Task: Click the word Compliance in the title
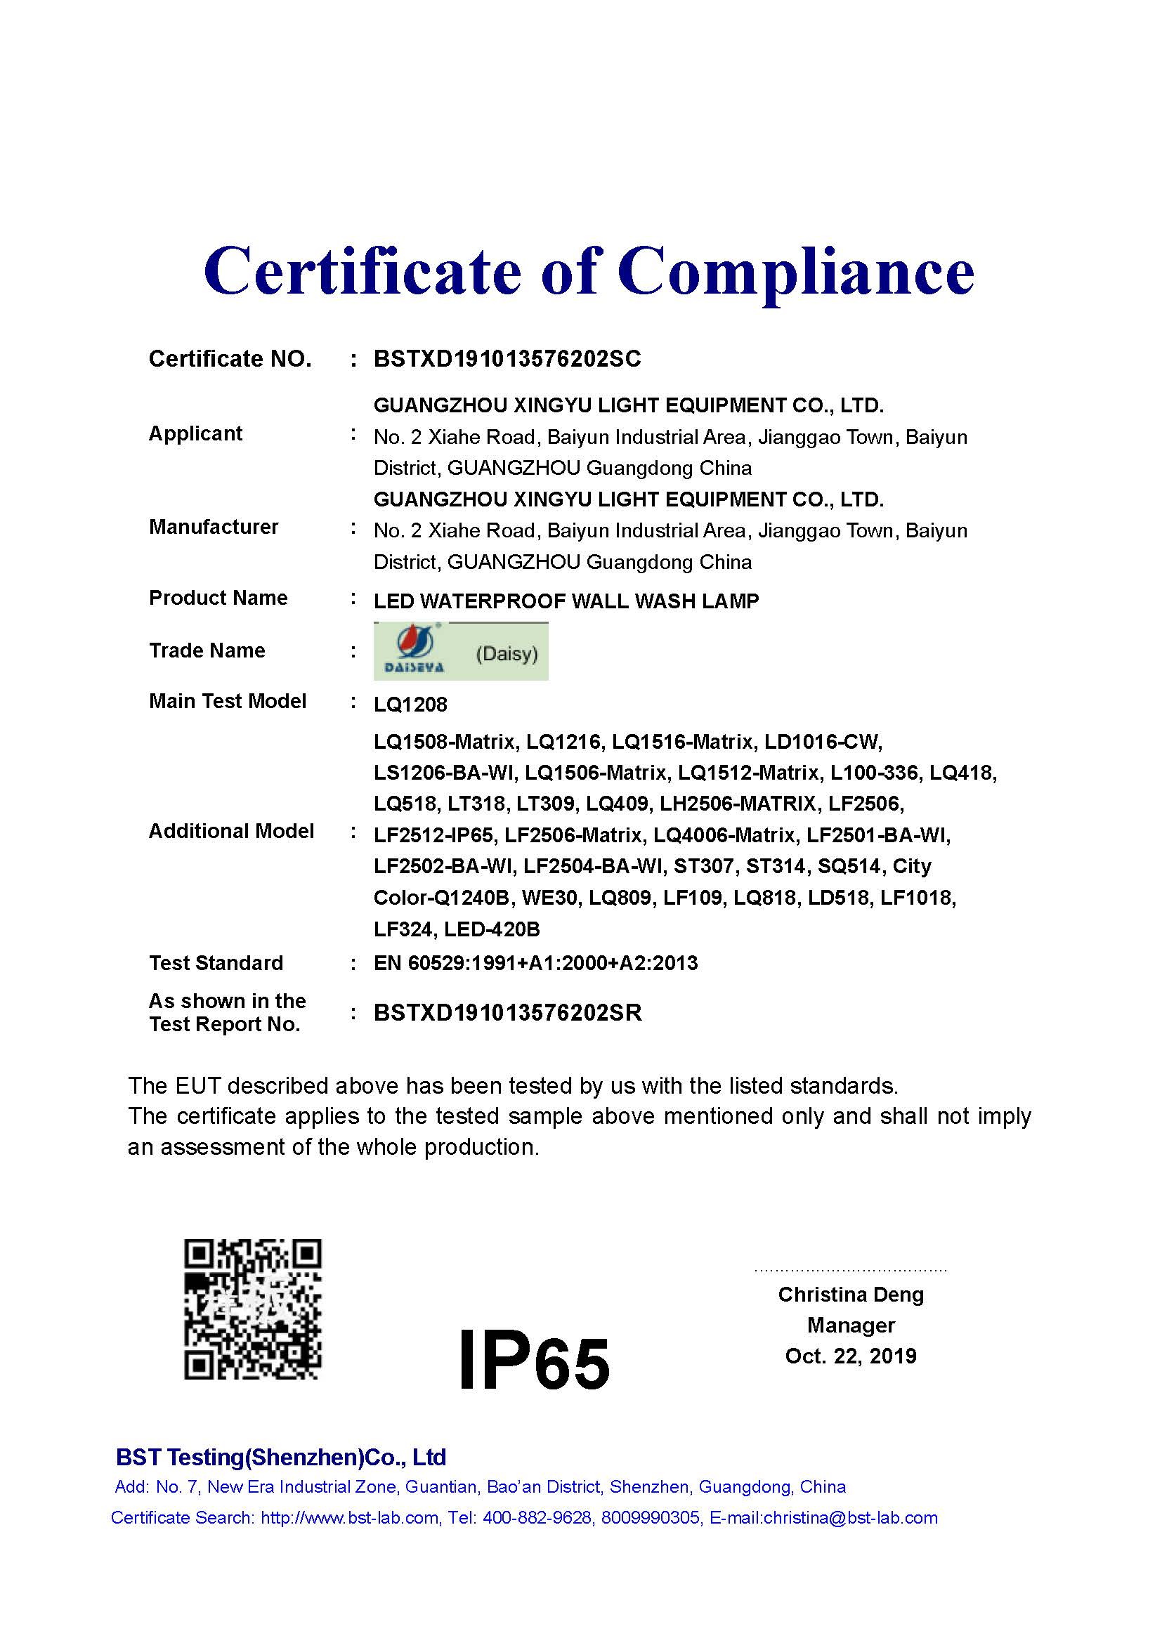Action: coord(795,273)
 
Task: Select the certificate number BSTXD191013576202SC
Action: coord(507,358)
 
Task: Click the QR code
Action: coord(253,1309)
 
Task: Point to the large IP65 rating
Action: coord(534,1359)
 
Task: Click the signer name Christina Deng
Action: coord(851,1294)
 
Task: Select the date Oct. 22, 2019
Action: coord(851,1355)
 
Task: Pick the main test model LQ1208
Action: coord(410,704)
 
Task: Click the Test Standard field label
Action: coord(216,962)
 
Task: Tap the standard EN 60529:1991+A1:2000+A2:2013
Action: coord(535,962)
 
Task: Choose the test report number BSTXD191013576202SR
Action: coord(507,1013)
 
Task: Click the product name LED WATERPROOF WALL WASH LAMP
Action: coord(566,601)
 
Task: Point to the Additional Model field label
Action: coord(231,831)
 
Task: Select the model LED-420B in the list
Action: coord(492,929)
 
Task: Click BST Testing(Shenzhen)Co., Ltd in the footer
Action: coord(280,1457)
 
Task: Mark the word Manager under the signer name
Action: coord(851,1325)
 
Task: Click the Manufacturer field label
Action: coord(214,527)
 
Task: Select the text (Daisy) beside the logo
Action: coord(507,653)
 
